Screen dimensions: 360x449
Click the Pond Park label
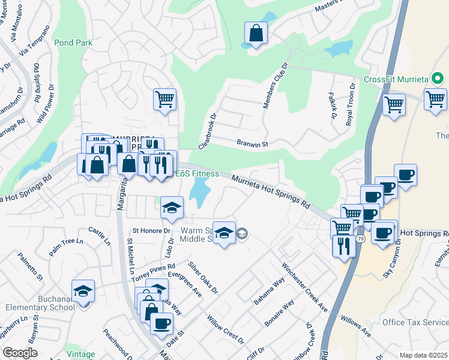pyautogui.click(x=73, y=43)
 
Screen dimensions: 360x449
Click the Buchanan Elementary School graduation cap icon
pyautogui.click(x=83, y=292)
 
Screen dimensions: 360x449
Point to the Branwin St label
pyautogui.click(x=252, y=144)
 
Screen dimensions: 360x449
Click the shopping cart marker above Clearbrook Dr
pyautogui.click(x=164, y=100)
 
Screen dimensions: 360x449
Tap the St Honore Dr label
pyautogui.click(x=148, y=230)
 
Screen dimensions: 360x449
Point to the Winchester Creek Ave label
pyautogui.click(x=304, y=286)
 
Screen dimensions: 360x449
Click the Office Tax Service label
pyautogui.click(x=415, y=322)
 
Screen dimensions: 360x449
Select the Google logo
pyautogui.click(x=20, y=352)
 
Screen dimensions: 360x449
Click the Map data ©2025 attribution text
pyautogui.click(x=423, y=355)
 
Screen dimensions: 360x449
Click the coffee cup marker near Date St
pyautogui.click(x=161, y=325)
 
